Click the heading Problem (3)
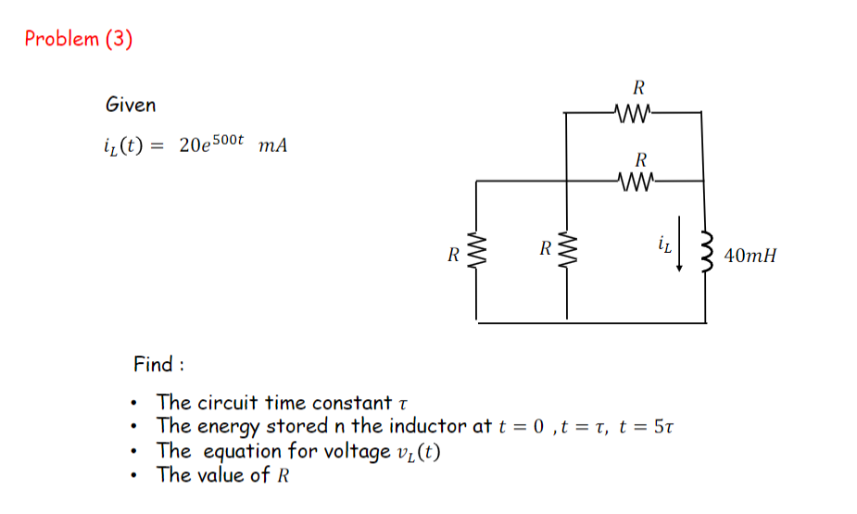[79, 39]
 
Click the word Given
[131, 105]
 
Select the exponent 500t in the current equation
[227, 139]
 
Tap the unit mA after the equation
[273, 145]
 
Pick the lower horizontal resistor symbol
[635, 182]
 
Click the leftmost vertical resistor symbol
[477, 252]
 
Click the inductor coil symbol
[707, 252]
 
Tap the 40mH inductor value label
[750, 255]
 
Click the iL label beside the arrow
[663, 244]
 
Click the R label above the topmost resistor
[638, 89]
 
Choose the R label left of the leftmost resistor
[453, 254]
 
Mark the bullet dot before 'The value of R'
[137, 476]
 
